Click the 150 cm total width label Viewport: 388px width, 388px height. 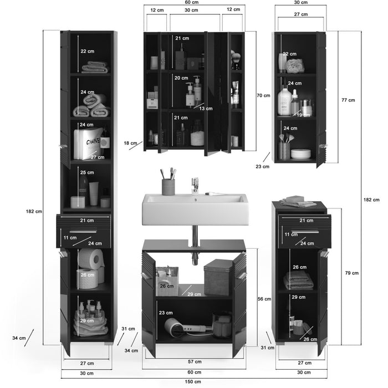tap(194, 382)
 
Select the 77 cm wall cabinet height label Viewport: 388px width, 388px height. tap(348, 100)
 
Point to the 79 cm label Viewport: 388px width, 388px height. tap(352, 272)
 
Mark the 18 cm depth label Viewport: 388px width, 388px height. tap(130, 143)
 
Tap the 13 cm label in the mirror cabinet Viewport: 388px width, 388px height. tap(206, 109)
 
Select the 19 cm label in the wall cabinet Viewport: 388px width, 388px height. tap(303, 115)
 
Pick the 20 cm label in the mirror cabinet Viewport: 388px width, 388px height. tap(181, 78)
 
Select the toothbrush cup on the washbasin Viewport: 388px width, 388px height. tap(168, 186)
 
